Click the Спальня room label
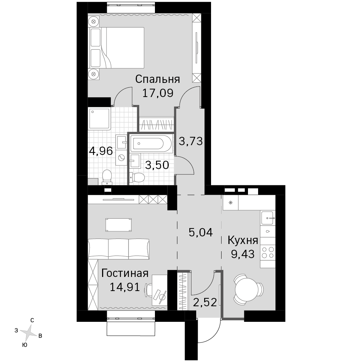(x=157, y=80)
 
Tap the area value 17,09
(x=158, y=93)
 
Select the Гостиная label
(x=125, y=273)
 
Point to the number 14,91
(x=125, y=287)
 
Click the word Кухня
(x=243, y=240)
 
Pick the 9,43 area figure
(x=243, y=254)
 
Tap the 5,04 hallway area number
(x=201, y=232)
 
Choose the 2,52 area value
(x=205, y=302)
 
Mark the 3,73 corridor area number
(x=191, y=141)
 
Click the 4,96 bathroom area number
(x=101, y=151)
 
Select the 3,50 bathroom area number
(x=157, y=165)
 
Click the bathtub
(x=151, y=143)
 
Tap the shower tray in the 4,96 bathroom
(x=99, y=118)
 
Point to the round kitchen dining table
(x=247, y=288)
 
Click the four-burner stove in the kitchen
(x=268, y=253)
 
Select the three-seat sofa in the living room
(x=119, y=249)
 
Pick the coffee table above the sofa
(x=119, y=225)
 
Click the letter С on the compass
(x=32, y=320)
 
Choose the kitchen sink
(x=268, y=218)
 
